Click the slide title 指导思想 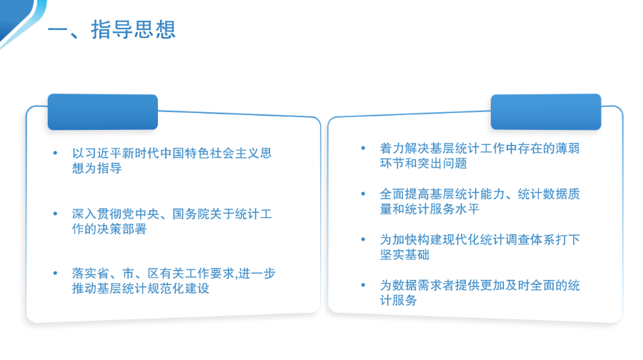(x=134, y=29)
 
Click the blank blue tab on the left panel (x=103, y=112)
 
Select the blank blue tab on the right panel (x=546, y=111)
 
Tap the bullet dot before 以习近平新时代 (x=55, y=153)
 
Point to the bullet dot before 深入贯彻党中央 (x=55, y=214)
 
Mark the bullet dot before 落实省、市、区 (x=55, y=273)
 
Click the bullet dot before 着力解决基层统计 (x=363, y=148)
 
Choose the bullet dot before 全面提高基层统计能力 (x=363, y=194)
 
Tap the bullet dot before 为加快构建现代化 (x=363, y=239)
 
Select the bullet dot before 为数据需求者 (x=363, y=285)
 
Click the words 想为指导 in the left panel (x=96, y=168)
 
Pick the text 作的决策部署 (x=109, y=229)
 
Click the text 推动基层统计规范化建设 (x=141, y=289)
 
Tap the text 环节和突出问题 (x=423, y=163)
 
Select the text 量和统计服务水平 (x=429, y=209)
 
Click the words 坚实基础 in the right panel (x=404, y=254)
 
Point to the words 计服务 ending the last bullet (x=398, y=300)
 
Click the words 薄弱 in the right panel (x=567, y=148)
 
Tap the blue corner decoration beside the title (x=19, y=19)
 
